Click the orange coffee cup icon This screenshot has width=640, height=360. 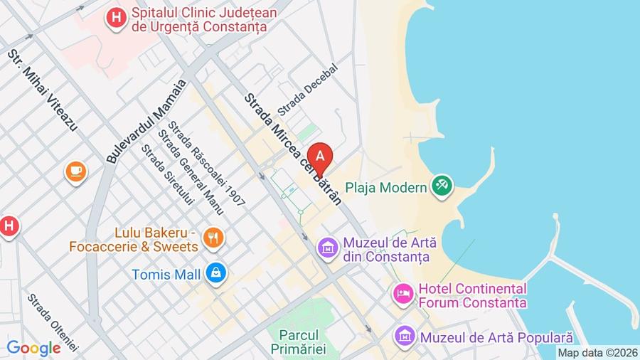click(x=75, y=171)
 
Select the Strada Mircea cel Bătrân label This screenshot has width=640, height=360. click(x=292, y=149)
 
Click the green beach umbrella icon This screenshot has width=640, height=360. click(x=442, y=187)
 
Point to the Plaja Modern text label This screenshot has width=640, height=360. click(x=386, y=188)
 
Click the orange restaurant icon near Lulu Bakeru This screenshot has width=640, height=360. click(x=212, y=238)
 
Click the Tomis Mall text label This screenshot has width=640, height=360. click(x=167, y=273)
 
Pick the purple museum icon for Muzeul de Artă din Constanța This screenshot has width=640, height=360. click(x=327, y=248)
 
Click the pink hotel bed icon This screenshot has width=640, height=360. click(x=403, y=294)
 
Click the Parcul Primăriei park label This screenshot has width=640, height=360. click(x=298, y=340)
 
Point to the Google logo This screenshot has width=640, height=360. click(x=33, y=348)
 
